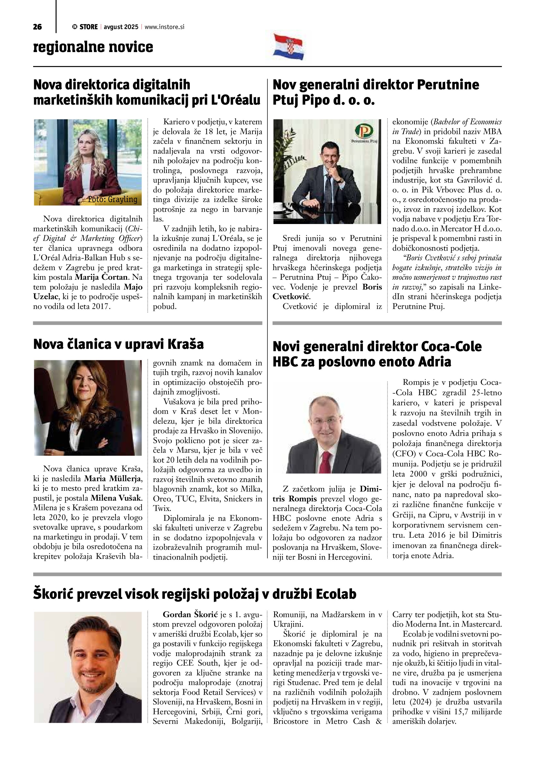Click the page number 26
click(x=37, y=27)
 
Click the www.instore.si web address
click(x=164, y=27)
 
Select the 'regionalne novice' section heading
click(x=93, y=47)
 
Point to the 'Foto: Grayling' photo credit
click(x=112, y=199)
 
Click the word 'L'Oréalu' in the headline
click(x=235, y=100)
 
